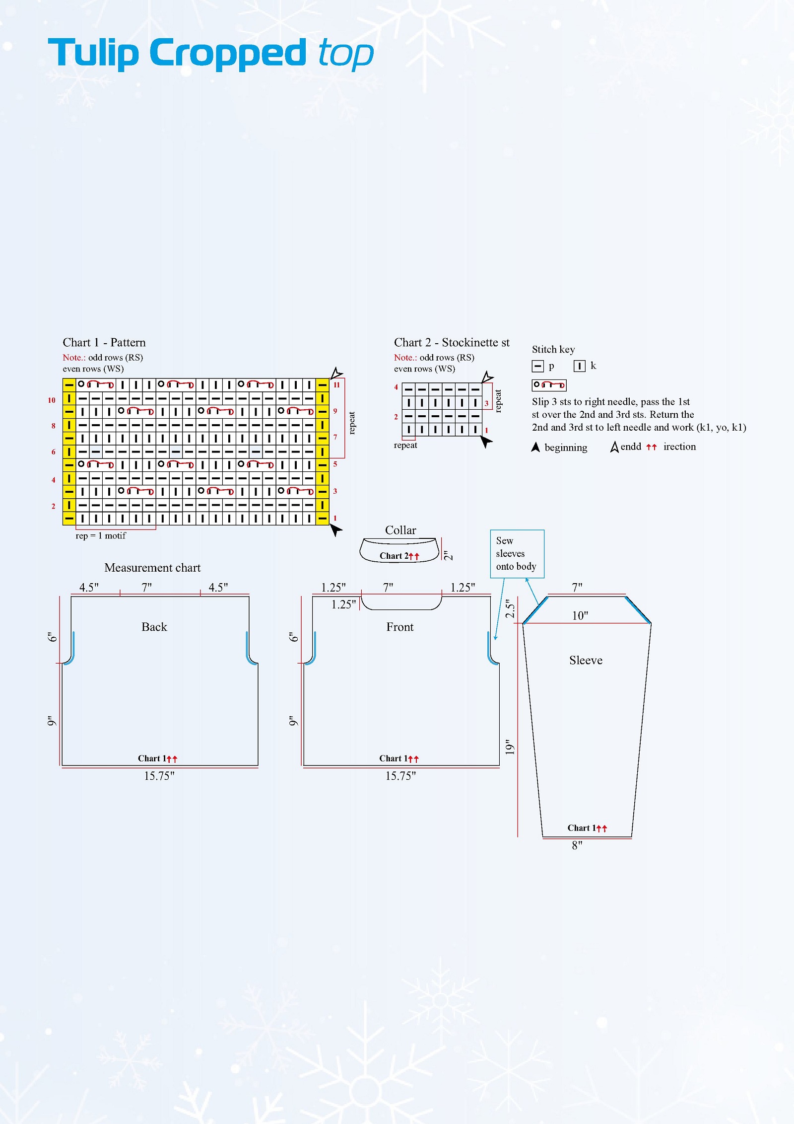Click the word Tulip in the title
(x=93, y=53)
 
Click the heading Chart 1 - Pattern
(x=104, y=342)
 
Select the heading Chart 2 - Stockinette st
(x=452, y=342)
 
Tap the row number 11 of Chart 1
(x=336, y=384)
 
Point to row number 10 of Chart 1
(x=52, y=400)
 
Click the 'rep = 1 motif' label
(x=101, y=535)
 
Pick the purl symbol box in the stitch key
(x=537, y=366)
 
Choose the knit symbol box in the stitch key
(x=579, y=366)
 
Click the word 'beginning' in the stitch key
(x=566, y=448)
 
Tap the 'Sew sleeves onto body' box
(x=517, y=554)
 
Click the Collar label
(x=400, y=530)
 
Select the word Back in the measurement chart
(x=154, y=627)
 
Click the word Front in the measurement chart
(x=400, y=627)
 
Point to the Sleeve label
(x=586, y=660)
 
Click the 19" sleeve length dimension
(x=510, y=747)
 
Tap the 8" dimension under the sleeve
(x=577, y=845)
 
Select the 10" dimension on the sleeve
(x=580, y=616)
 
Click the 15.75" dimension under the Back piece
(x=159, y=776)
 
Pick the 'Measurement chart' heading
(x=152, y=568)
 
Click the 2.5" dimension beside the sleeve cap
(x=510, y=608)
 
